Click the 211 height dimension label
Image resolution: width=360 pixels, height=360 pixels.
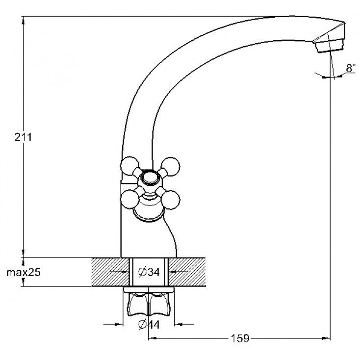[23, 137]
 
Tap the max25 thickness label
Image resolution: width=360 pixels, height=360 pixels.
[24, 273]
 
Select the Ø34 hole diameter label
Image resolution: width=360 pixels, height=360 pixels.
[149, 272]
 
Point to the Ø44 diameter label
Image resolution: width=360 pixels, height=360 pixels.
[149, 325]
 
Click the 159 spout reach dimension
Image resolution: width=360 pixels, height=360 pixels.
[240, 338]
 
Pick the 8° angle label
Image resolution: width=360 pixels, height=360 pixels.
[351, 68]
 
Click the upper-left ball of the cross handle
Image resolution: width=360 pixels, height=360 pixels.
[129, 166]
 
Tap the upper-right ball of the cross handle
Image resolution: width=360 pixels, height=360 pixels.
[170, 166]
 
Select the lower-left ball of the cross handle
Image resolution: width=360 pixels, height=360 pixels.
[129, 199]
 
